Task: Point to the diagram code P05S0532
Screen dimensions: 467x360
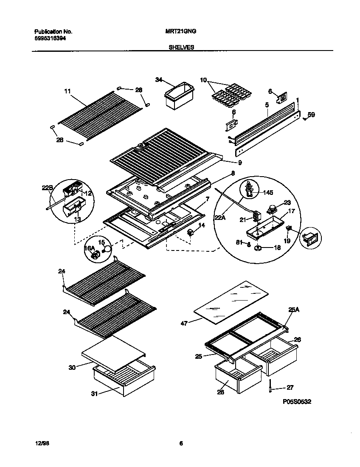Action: [x=297, y=401]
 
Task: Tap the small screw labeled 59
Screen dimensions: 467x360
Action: [x=305, y=119]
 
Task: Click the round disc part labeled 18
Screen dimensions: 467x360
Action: [x=258, y=248]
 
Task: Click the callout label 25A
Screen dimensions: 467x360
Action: [x=294, y=310]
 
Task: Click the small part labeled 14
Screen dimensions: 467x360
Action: [x=191, y=232]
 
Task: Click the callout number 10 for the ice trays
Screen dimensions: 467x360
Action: [x=203, y=80]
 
